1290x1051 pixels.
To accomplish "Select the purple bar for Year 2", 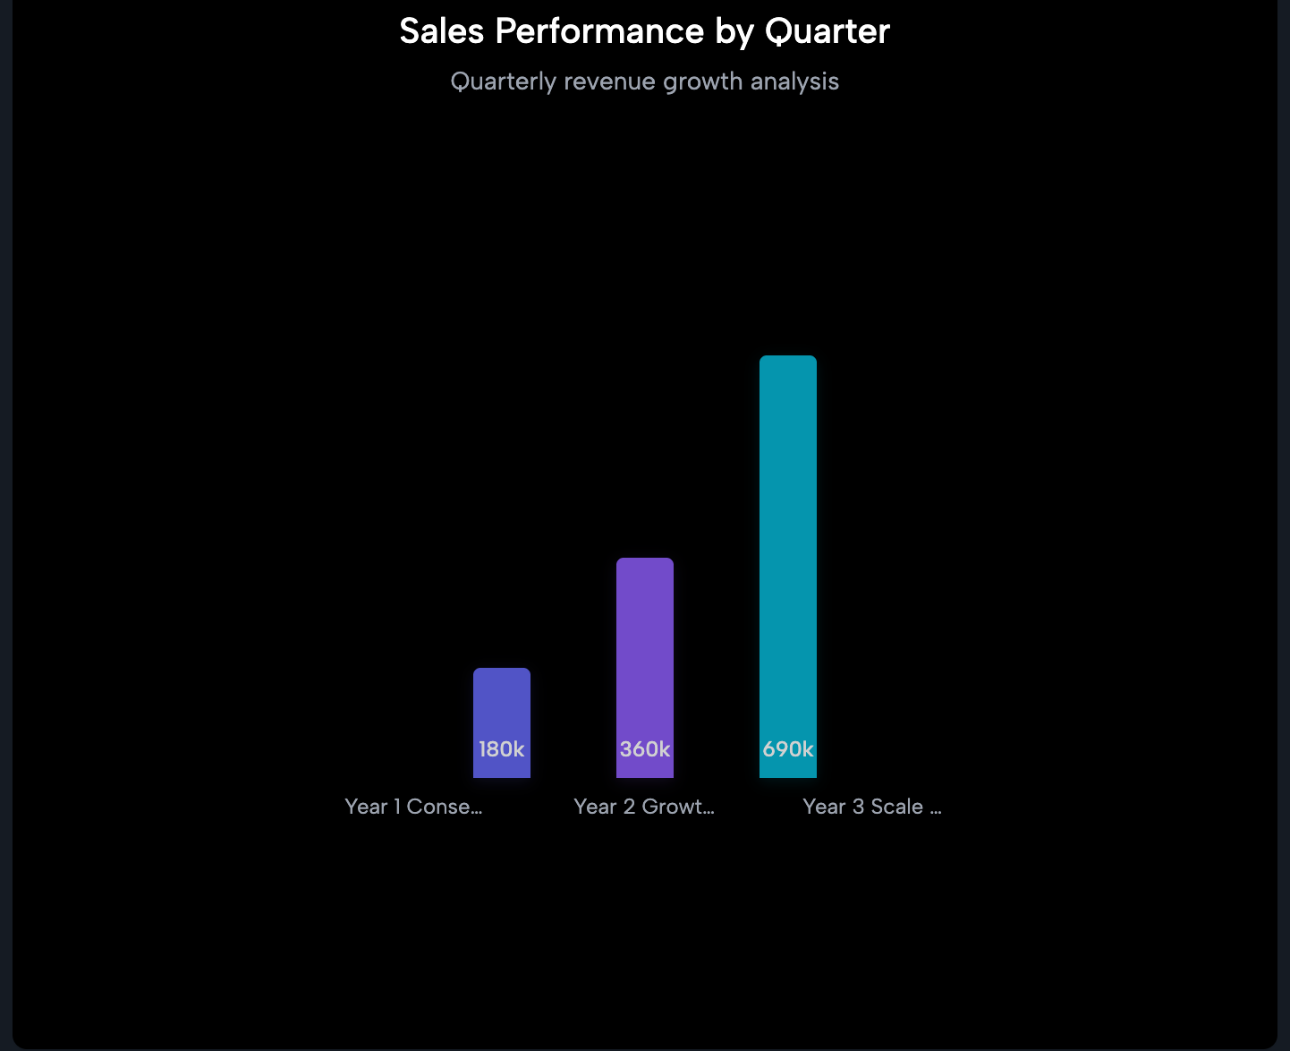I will pyautogui.click(x=644, y=645).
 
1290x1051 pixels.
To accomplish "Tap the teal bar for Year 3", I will pyautogui.click(x=787, y=537).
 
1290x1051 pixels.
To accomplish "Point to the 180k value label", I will pyautogui.click(x=501, y=749).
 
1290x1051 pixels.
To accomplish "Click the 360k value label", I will pyautogui.click(x=644, y=749).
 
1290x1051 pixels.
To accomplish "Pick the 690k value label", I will pyautogui.click(x=787, y=749).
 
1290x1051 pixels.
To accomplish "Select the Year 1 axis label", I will pyautogui.click(x=413, y=807).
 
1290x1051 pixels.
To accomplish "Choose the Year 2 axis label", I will pyautogui.click(x=643, y=807).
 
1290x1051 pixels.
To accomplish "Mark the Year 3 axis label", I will pyautogui.click(x=872, y=807).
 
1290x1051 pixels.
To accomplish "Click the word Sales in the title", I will pyautogui.click(x=441, y=32).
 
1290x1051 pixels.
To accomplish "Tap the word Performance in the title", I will pyautogui.click(x=599, y=32).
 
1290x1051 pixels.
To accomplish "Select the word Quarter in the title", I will pyautogui.click(x=827, y=32).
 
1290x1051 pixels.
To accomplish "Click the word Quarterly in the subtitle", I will pyautogui.click(x=503, y=82).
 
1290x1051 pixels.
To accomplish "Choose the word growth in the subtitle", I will pyautogui.click(x=702, y=82).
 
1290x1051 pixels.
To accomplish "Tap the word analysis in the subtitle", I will pyautogui.click(x=794, y=82).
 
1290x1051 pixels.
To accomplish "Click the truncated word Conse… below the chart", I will pyautogui.click(x=445, y=807).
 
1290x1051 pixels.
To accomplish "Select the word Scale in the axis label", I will pyautogui.click(x=896, y=807).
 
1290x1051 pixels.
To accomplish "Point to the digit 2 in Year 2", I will pyautogui.click(x=629, y=807).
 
